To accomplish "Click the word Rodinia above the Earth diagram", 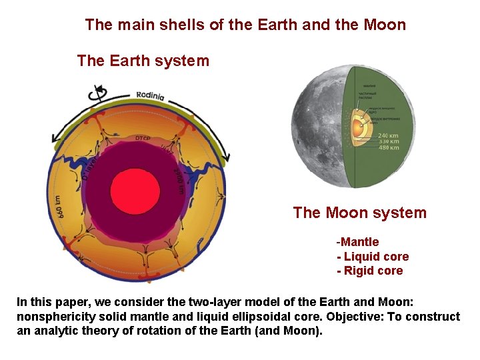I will click(x=150, y=95).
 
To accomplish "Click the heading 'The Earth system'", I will click(x=143, y=61).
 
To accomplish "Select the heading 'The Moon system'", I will click(x=359, y=213).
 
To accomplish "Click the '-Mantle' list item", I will click(x=357, y=242).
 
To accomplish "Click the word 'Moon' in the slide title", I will click(x=385, y=25).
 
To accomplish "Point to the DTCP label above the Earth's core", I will click(x=143, y=139).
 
